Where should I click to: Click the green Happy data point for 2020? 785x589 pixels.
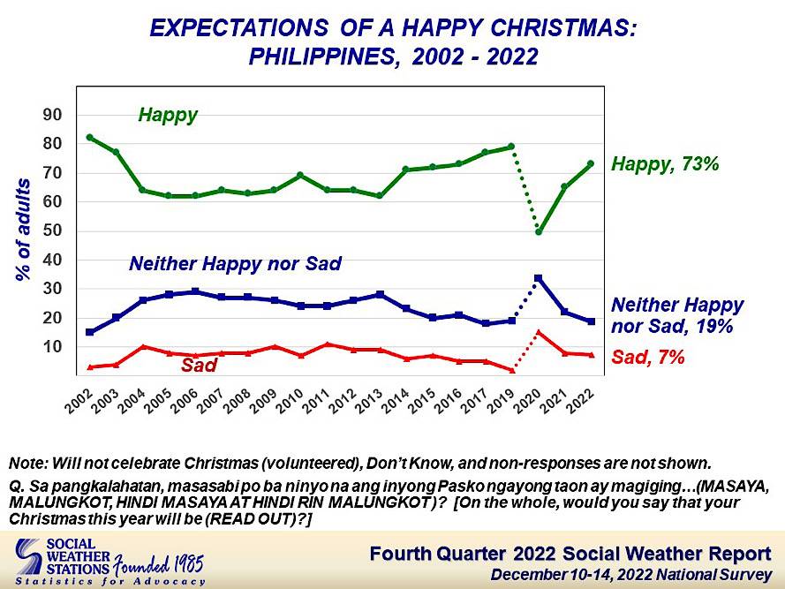click(x=538, y=232)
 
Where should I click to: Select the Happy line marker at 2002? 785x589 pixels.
click(x=90, y=138)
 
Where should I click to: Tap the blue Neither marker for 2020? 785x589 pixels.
click(x=538, y=278)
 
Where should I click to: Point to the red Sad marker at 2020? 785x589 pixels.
click(x=538, y=332)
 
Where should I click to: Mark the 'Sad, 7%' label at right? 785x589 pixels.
click(x=646, y=358)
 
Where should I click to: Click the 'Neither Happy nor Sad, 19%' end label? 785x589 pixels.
click(x=676, y=314)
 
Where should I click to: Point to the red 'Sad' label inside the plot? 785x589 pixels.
click(x=200, y=364)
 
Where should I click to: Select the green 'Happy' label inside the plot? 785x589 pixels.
click(x=168, y=115)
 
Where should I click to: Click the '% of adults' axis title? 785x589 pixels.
click(x=24, y=230)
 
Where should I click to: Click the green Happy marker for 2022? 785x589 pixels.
click(x=590, y=163)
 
